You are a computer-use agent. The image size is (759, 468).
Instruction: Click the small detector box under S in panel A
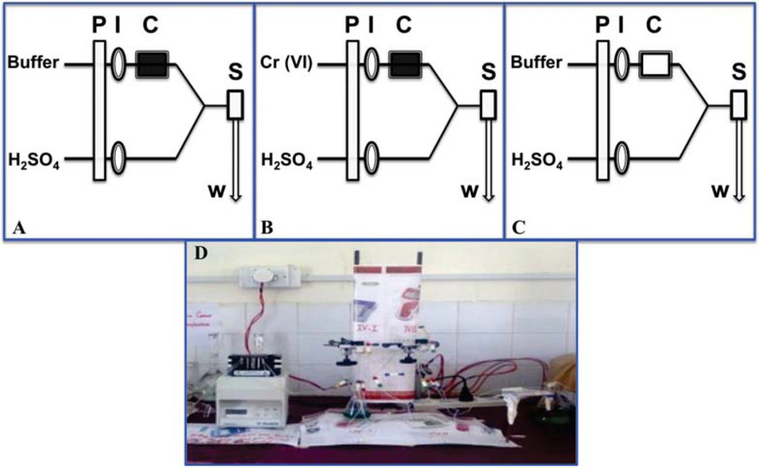tap(235, 105)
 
